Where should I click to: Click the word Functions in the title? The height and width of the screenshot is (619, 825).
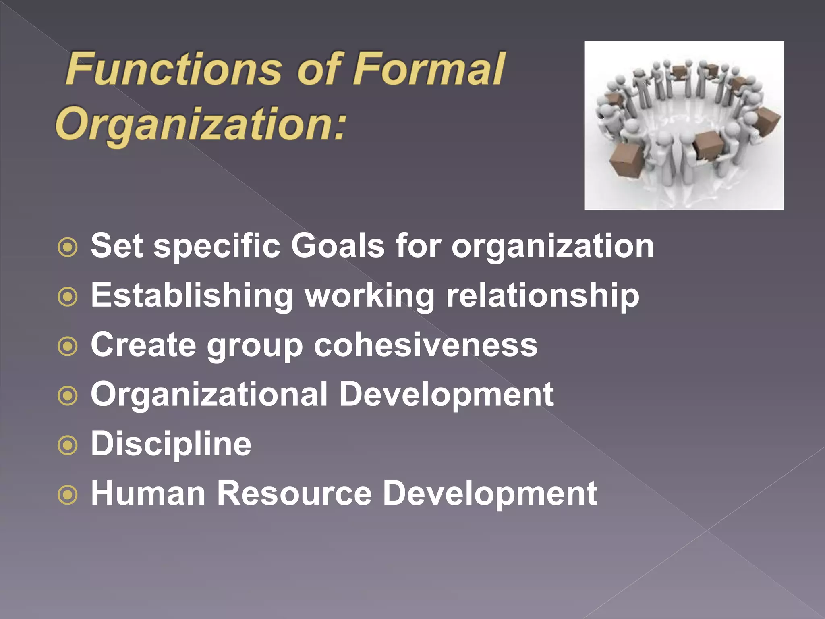tap(174, 69)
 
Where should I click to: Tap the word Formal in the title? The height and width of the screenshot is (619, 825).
tap(429, 69)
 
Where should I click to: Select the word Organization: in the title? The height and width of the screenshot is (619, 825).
tap(201, 124)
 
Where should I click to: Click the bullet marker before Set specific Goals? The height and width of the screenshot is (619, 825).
tap(67, 247)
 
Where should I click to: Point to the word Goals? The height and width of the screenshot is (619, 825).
tap(338, 246)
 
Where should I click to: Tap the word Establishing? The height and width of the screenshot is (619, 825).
tap(192, 296)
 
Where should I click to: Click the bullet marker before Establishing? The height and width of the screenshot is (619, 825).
tap(67, 297)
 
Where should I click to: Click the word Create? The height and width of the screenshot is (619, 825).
tap(143, 345)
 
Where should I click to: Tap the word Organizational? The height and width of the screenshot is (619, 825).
tap(209, 395)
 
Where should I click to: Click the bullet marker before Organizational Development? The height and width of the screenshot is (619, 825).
tap(67, 396)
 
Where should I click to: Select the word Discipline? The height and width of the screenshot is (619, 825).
tap(171, 444)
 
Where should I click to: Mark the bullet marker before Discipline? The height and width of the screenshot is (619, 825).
tap(67, 446)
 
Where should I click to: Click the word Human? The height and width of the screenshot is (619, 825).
tap(148, 493)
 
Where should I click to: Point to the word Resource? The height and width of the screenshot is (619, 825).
tap(294, 493)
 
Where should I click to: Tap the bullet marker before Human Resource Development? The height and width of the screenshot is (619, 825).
tap(67, 495)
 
